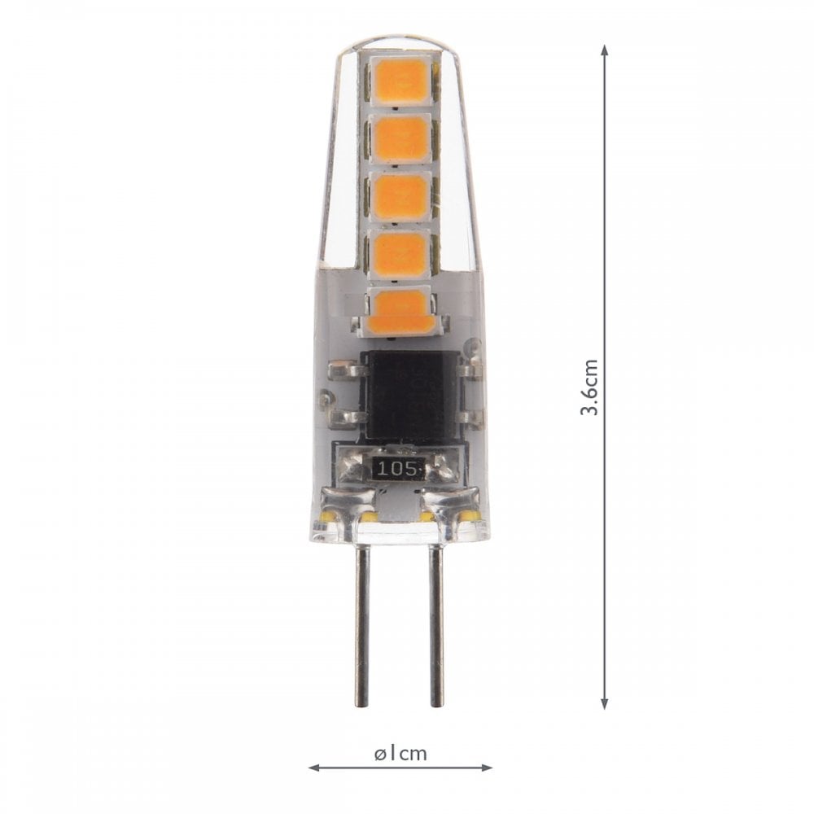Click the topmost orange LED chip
pyautogui.click(x=401, y=79)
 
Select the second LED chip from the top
pyautogui.click(x=401, y=138)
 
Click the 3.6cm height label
pyautogui.click(x=589, y=387)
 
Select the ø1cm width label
pyautogui.click(x=400, y=753)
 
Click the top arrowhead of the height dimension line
pyautogui.click(x=604, y=50)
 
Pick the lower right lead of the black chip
pyautogui.click(x=466, y=418)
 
